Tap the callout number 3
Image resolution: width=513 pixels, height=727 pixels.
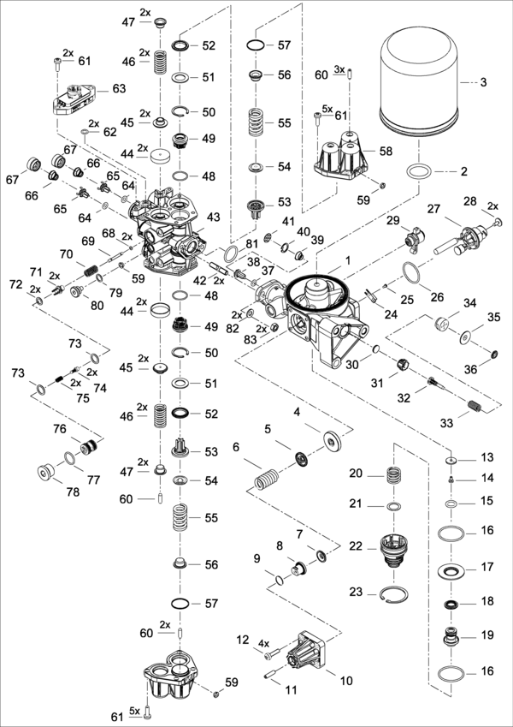pos(483,82)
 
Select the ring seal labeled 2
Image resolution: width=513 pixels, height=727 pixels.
pos(417,171)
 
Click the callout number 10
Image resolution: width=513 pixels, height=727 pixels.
pos(346,681)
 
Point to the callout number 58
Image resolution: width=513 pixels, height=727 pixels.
pos(386,151)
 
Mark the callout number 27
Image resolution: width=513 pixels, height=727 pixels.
pos(433,209)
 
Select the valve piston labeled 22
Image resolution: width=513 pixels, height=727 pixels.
pos(393,547)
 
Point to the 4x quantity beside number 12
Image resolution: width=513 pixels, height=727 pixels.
pos(264,642)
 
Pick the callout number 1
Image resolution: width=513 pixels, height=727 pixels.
pos(348,258)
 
